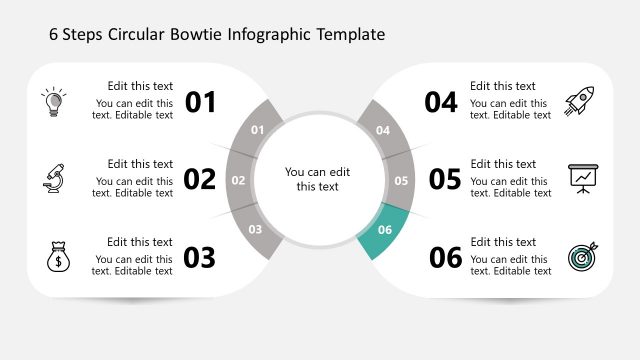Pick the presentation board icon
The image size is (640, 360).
click(581, 178)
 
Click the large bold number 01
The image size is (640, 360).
click(201, 102)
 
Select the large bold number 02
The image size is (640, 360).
click(200, 180)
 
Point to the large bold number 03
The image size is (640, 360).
click(200, 258)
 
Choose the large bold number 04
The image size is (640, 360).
click(441, 102)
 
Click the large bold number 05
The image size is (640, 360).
click(445, 180)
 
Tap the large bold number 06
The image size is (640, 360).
click(445, 258)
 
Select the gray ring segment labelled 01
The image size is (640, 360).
click(257, 130)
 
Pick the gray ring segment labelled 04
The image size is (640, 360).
click(383, 130)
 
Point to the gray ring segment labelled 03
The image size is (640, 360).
click(256, 229)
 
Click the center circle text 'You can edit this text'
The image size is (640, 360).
click(318, 179)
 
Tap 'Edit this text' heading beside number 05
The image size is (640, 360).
click(503, 164)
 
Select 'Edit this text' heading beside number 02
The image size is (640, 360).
click(140, 164)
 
